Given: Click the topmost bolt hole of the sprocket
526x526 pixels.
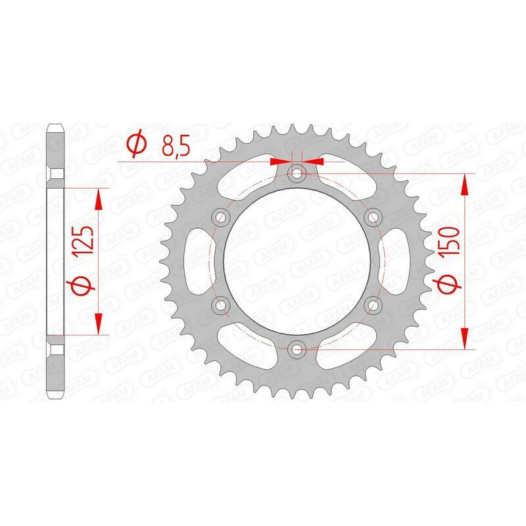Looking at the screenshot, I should point(297,174).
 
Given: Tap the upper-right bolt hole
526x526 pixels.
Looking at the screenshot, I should point(373,217).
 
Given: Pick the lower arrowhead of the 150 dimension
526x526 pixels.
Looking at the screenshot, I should point(466,338).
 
